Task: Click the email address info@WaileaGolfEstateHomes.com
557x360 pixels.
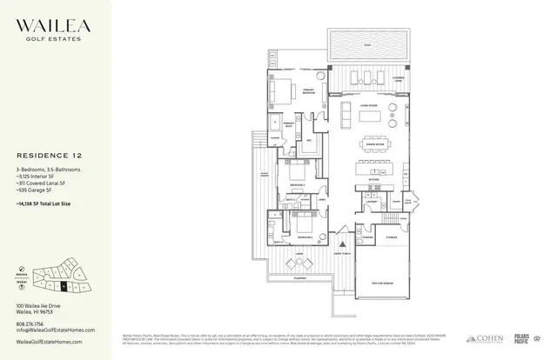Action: click(50, 330)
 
